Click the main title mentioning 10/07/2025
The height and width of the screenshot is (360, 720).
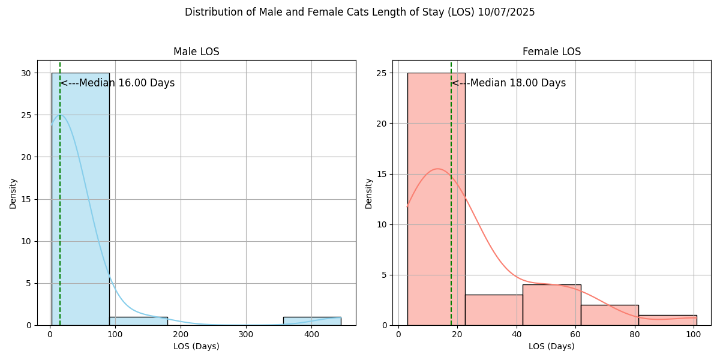[359, 12]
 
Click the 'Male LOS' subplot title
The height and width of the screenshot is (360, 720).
[196, 52]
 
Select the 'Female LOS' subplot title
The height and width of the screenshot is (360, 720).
[551, 52]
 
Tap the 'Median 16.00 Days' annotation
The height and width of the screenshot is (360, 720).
[118, 83]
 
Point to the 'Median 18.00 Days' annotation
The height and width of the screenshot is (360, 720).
[509, 83]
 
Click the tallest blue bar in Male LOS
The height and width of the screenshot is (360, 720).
[80, 198]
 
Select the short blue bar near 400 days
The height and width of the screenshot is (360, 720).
[312, 321]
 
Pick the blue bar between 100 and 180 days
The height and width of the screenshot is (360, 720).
[138, 321]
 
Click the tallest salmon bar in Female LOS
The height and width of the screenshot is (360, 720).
[436, 198]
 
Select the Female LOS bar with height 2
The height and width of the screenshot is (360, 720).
[610, 315]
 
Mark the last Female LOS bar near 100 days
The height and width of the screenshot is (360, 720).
[667, 320]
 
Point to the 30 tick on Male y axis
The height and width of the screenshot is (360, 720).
[28, 73]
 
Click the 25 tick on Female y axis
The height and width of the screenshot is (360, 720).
[384, 73]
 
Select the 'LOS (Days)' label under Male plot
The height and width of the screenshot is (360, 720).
[196, 346]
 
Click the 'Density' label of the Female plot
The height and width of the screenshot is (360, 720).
[369, 193]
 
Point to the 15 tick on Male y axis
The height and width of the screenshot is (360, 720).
[28, 199]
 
